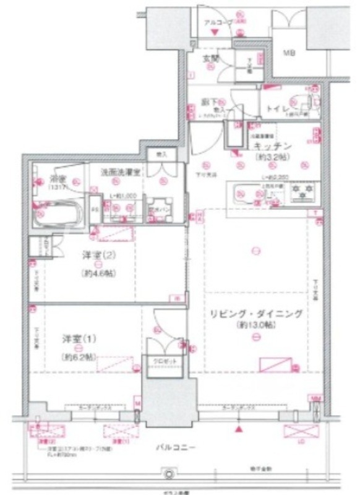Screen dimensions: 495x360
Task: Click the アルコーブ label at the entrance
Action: [218, 22]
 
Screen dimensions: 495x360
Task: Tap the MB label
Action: [289, 53]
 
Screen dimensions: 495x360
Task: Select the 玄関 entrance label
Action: [211, 60]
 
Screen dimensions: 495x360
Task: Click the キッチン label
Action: [272, 147]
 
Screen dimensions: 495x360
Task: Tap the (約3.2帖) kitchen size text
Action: [272, 158]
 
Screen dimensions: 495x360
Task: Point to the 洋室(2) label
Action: [98, 254]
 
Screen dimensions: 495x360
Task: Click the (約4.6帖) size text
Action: [98, 273]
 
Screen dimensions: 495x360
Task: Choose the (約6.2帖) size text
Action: [77, 357]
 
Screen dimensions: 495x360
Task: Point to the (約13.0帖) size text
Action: [255, 325]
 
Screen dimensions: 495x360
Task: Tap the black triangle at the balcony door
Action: [239, 428]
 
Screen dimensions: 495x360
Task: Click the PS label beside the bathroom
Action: [93, 209]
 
